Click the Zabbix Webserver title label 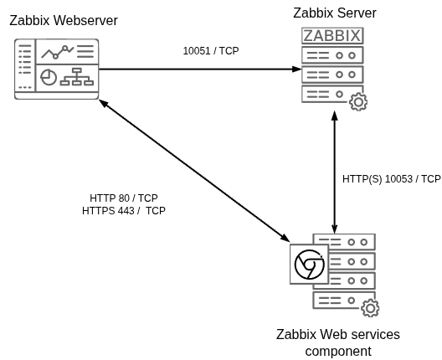tap(63, 21)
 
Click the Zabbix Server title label tap(335, 13)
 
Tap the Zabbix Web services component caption tap(338, 342)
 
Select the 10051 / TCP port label tap(210, 51)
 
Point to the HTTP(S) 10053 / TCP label tap(391, 179)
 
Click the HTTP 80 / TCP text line tap(124, 198)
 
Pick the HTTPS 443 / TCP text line tap(124, 211)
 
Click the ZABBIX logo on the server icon tap(332, 35)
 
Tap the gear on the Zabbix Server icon tap(358, 102)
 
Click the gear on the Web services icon tap(370, 308)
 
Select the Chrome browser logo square tap(308, 265)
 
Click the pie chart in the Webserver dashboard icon tap(49, 77)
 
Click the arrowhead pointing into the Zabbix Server tap(296, 69)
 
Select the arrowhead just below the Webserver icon tap(103, 104)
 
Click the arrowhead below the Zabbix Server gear tap(336, 118)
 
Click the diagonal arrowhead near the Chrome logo tap(284, 239)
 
